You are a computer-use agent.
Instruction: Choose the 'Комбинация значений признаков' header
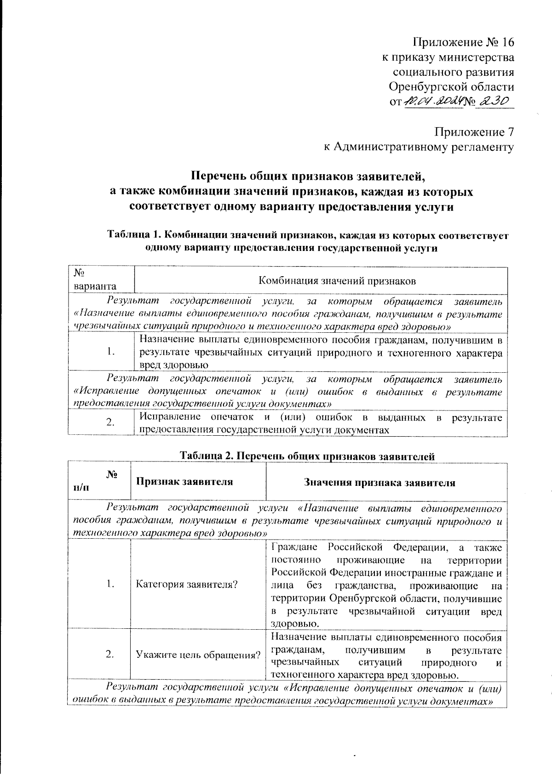tap(337, 280)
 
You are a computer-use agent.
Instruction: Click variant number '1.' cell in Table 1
tap(110, 352)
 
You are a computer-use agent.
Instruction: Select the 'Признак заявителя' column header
tap(184, 482)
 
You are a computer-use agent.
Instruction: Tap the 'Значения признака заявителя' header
tap(379, 483)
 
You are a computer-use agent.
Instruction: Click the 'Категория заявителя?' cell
tap(186, 584)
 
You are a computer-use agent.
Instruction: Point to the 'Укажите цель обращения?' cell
tap(198, 655)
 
